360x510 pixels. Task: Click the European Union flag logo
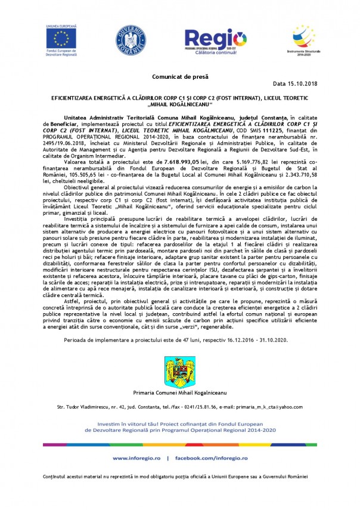click(x=60, y=38)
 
